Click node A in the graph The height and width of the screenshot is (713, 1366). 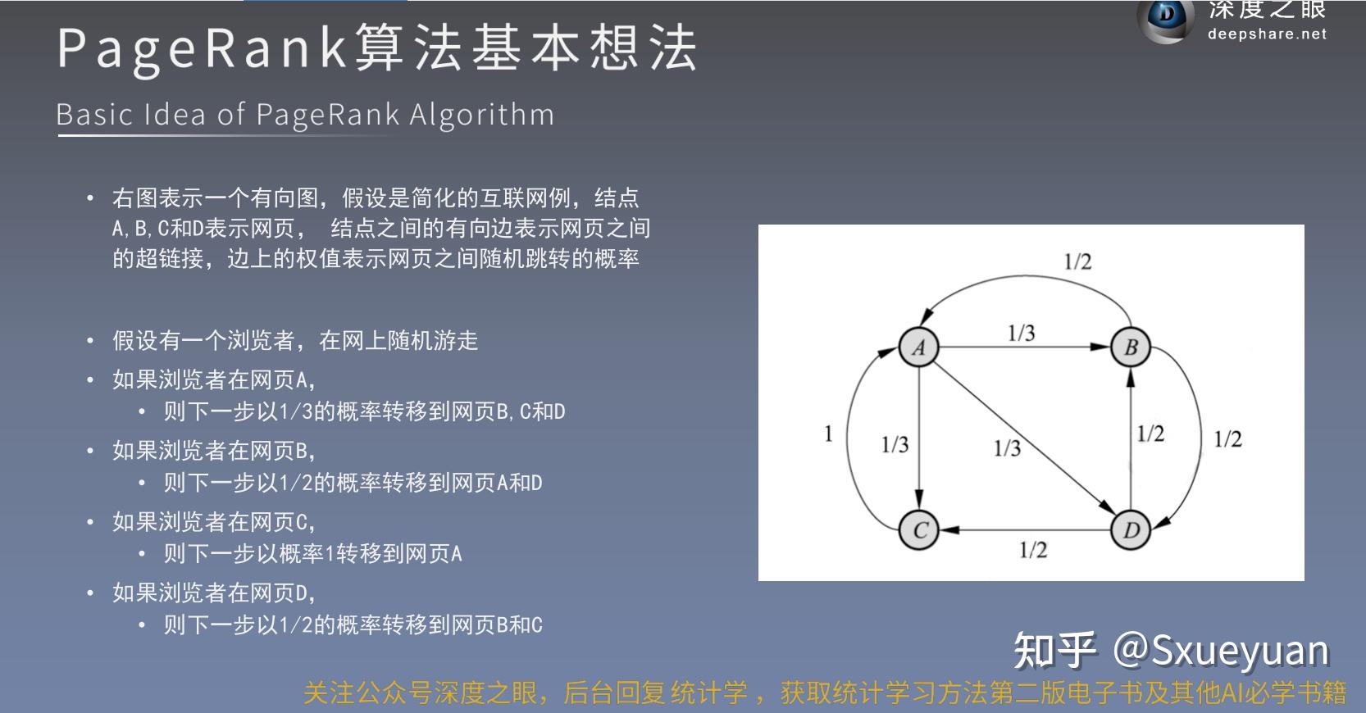coord(919,347)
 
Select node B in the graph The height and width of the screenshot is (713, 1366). coord(1131,347)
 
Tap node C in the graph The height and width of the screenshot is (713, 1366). coord(919,530)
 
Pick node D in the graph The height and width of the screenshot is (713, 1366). coord(1131,530)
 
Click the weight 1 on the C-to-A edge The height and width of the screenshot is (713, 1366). coord(828,434)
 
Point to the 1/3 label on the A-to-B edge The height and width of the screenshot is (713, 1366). coord(1021,333)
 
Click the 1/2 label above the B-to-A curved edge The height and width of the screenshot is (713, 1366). coord(1077,261)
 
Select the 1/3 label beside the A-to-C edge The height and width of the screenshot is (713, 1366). coord(895,444)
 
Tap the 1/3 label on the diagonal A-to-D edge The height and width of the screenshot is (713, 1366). coord(1007,447)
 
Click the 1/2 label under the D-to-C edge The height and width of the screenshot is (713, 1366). coord(1033,550)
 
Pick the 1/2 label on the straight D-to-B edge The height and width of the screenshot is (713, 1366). coord(1150,434)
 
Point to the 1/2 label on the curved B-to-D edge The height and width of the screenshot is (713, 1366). coord(1227,439)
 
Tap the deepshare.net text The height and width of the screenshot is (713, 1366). coord(1266,34)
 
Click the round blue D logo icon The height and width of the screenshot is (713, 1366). coord(1167,18)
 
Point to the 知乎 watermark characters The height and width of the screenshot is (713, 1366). coord(1054,651)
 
